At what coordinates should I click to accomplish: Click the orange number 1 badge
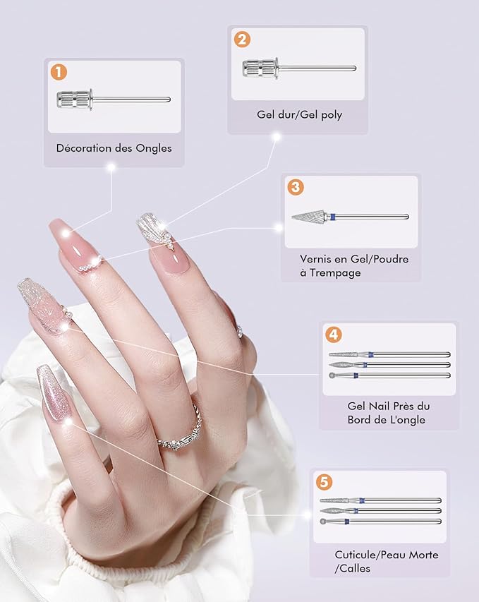59,72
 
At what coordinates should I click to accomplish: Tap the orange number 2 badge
242,40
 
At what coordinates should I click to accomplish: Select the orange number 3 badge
295,187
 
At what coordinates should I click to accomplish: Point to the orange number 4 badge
333,335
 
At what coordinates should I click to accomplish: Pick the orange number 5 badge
324,481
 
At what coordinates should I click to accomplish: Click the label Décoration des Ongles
114,148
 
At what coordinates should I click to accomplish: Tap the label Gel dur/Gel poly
299,115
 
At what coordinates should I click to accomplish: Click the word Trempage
335,273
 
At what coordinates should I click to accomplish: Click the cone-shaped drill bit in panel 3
350,217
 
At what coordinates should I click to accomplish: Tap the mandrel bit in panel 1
114,100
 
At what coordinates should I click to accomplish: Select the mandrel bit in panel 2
299,68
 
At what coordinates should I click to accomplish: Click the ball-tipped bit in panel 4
389,375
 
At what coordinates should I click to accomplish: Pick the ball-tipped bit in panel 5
380,522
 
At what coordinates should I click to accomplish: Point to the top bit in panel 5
380,500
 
